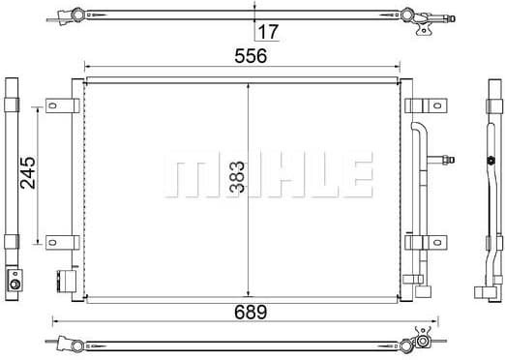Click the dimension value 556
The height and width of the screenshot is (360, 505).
251,56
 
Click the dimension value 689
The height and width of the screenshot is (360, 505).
251,312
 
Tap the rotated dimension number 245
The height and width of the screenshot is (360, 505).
28,172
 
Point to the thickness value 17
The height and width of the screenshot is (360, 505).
268,32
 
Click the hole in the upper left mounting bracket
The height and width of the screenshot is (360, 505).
52,105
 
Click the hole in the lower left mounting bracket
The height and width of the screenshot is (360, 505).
52,242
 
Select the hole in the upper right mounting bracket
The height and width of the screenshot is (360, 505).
436,105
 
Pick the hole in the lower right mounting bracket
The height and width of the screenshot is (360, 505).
436,242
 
